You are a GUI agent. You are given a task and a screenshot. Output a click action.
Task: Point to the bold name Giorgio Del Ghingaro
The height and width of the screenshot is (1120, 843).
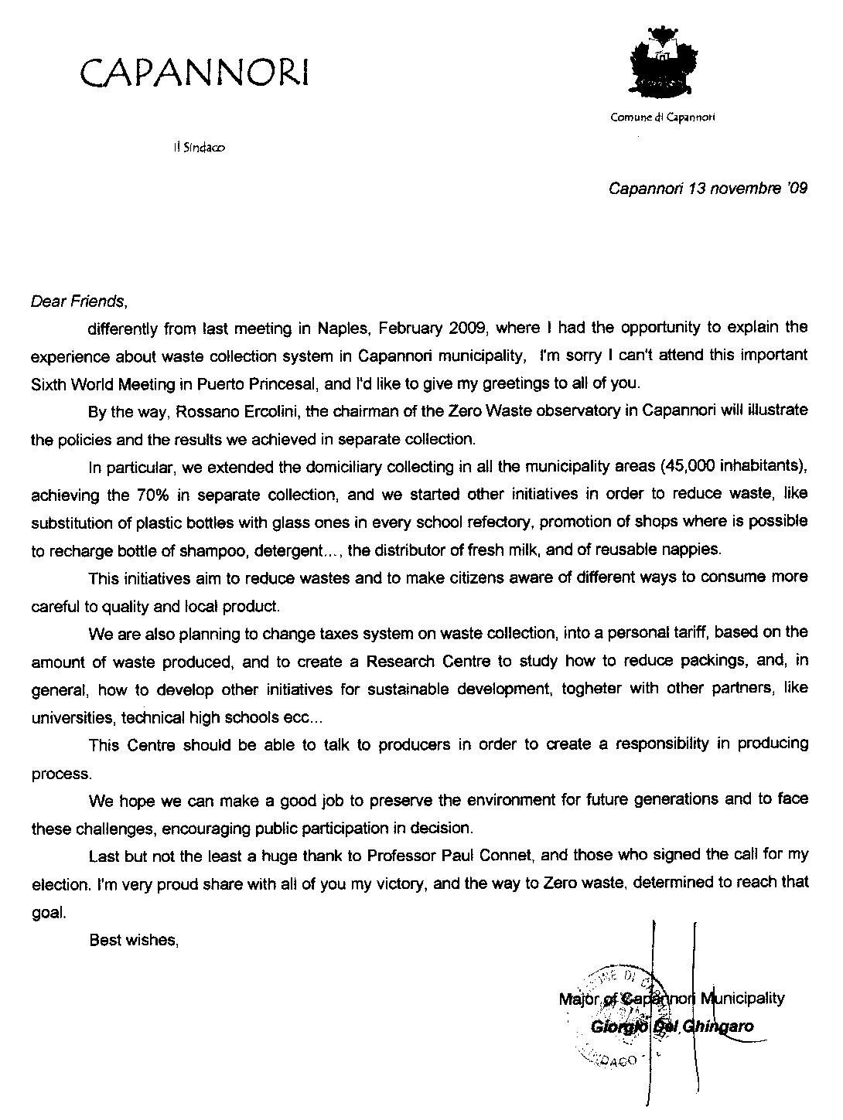(x=671, y=1027)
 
